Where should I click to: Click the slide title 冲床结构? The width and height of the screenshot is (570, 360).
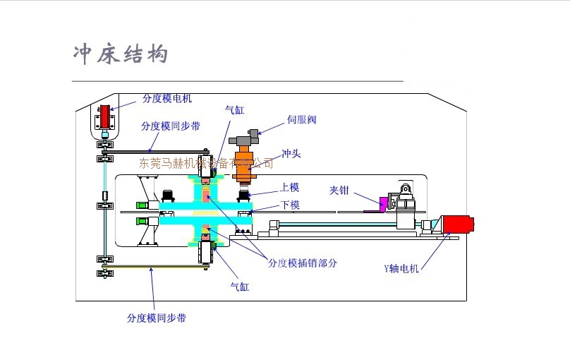(121, 54)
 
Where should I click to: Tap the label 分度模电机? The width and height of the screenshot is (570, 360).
(166, 98)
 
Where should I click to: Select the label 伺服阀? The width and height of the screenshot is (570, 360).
(301, 119)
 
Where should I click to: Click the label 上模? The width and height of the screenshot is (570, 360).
(290, 187)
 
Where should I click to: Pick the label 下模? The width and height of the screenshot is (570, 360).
(290, 205)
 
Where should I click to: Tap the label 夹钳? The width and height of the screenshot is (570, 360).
(340, 190)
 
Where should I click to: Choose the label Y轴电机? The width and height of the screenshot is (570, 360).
(401, 268)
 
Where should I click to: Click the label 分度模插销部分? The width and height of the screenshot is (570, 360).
(303, 263)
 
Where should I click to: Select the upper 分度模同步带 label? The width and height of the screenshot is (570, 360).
(170, 126)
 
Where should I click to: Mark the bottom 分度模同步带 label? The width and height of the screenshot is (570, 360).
(157, 318)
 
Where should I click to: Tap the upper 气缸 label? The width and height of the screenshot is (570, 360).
(234, 109)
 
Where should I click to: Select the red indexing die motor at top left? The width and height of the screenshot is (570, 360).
(104, 117)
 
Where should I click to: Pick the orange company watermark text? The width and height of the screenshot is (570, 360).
(207, 163)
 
